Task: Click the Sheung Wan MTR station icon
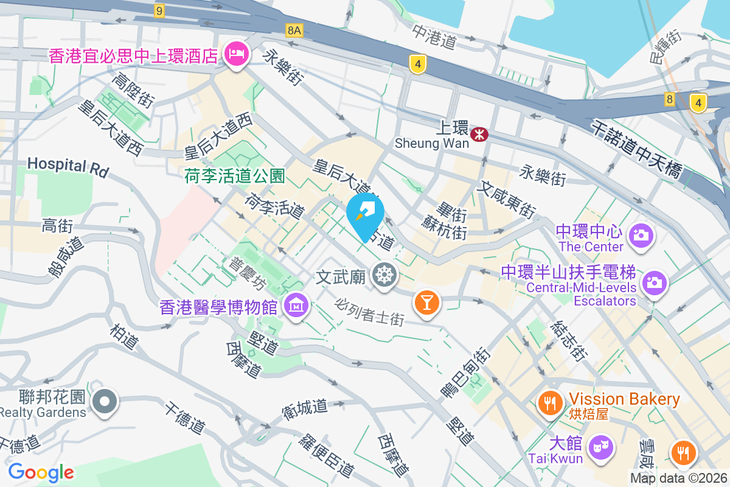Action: (x=480, y=134)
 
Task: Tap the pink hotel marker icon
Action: (x=235, y=54)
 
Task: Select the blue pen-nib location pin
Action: (x=365, y=214)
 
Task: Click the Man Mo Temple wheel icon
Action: (x=384, y=276)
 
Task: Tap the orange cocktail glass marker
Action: (x=426, y=302)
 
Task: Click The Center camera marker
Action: (x=640, y=234)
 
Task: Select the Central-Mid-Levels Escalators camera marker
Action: (x=654, y=282)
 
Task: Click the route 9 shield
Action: (x=159, y=10)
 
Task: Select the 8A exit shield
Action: (x=294, y=30)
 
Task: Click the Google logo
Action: (x=41, y=472)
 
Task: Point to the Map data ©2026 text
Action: (x=678, y=478)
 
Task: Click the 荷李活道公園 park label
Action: (x=235, y=177)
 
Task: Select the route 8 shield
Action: (x=670, y=99)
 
